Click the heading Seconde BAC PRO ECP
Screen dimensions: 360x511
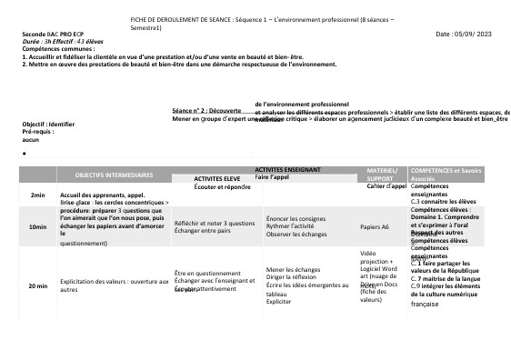53,34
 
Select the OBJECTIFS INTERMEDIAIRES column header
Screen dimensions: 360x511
115,174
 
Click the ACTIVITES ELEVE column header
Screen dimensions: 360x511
217,179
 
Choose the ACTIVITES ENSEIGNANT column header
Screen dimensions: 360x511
292,170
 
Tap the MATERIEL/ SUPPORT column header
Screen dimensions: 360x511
381,174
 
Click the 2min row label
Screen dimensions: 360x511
37,195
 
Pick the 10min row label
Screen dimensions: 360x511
38,226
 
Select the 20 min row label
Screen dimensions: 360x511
38,285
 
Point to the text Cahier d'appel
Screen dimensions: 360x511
386,186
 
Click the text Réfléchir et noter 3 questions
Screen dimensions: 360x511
215,222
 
